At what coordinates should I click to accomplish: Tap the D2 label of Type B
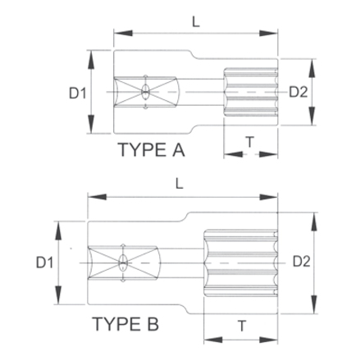click(x=299, y=262)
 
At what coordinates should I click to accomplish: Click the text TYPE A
click(x=153, y=151)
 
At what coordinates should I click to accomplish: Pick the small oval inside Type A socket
click(x=145, y=91)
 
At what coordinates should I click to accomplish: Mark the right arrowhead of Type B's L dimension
click(x=276, y=198)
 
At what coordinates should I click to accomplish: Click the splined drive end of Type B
click(x=242, y=262)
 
